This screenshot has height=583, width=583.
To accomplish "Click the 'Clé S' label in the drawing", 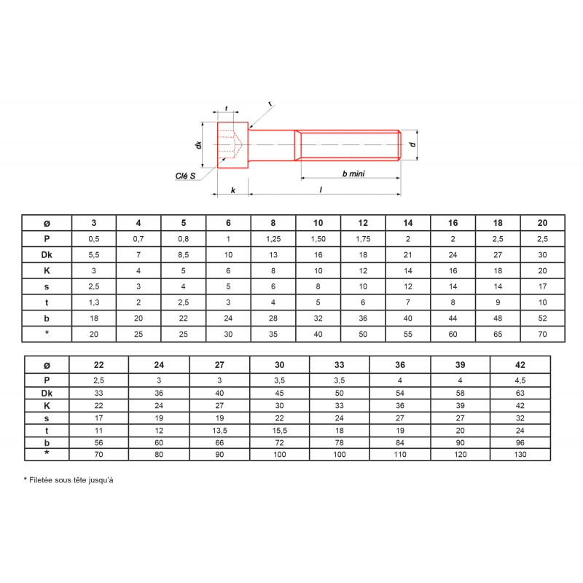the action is tap(185, 176).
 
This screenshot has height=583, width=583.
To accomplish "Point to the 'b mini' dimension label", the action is tap(353, 173).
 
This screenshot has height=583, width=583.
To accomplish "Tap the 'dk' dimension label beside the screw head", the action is tap(198, 144).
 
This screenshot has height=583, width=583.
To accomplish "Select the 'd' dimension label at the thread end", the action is tap(412, 144).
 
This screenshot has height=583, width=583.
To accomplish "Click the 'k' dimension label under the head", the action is tap(233, 190).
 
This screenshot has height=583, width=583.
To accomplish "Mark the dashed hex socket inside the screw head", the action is tap(230, 144).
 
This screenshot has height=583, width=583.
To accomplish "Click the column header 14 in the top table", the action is tap(408, 223).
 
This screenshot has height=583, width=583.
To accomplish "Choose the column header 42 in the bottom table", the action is tap(520, 365).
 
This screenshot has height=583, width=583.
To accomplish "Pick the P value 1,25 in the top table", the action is tap(273, 239).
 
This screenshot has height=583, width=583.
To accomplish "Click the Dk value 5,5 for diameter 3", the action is tap(94, 255).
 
